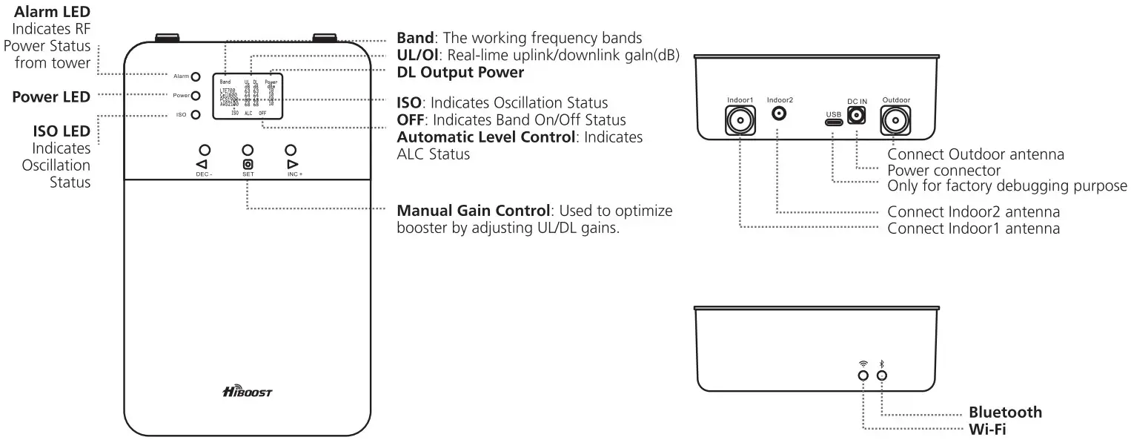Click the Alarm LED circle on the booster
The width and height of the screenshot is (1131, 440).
click(x=196, y=76)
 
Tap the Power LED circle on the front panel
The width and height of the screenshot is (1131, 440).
click(x=196, y=96)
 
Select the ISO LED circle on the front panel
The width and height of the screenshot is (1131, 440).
click(x=196, y=115)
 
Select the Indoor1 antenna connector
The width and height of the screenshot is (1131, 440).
click(x=740, y=119)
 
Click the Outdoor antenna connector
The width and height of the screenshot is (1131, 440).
click(x=895, y=120)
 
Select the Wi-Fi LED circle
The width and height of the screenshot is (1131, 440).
click(x=863, y=375)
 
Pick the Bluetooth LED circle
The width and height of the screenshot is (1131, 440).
click(x=882, y=375)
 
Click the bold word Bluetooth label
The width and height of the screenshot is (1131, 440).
click(x=1005, y=413)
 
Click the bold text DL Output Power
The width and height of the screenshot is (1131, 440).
click(x=460, y=73)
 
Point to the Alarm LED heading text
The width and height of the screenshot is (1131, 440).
click(x=52, y=12)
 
